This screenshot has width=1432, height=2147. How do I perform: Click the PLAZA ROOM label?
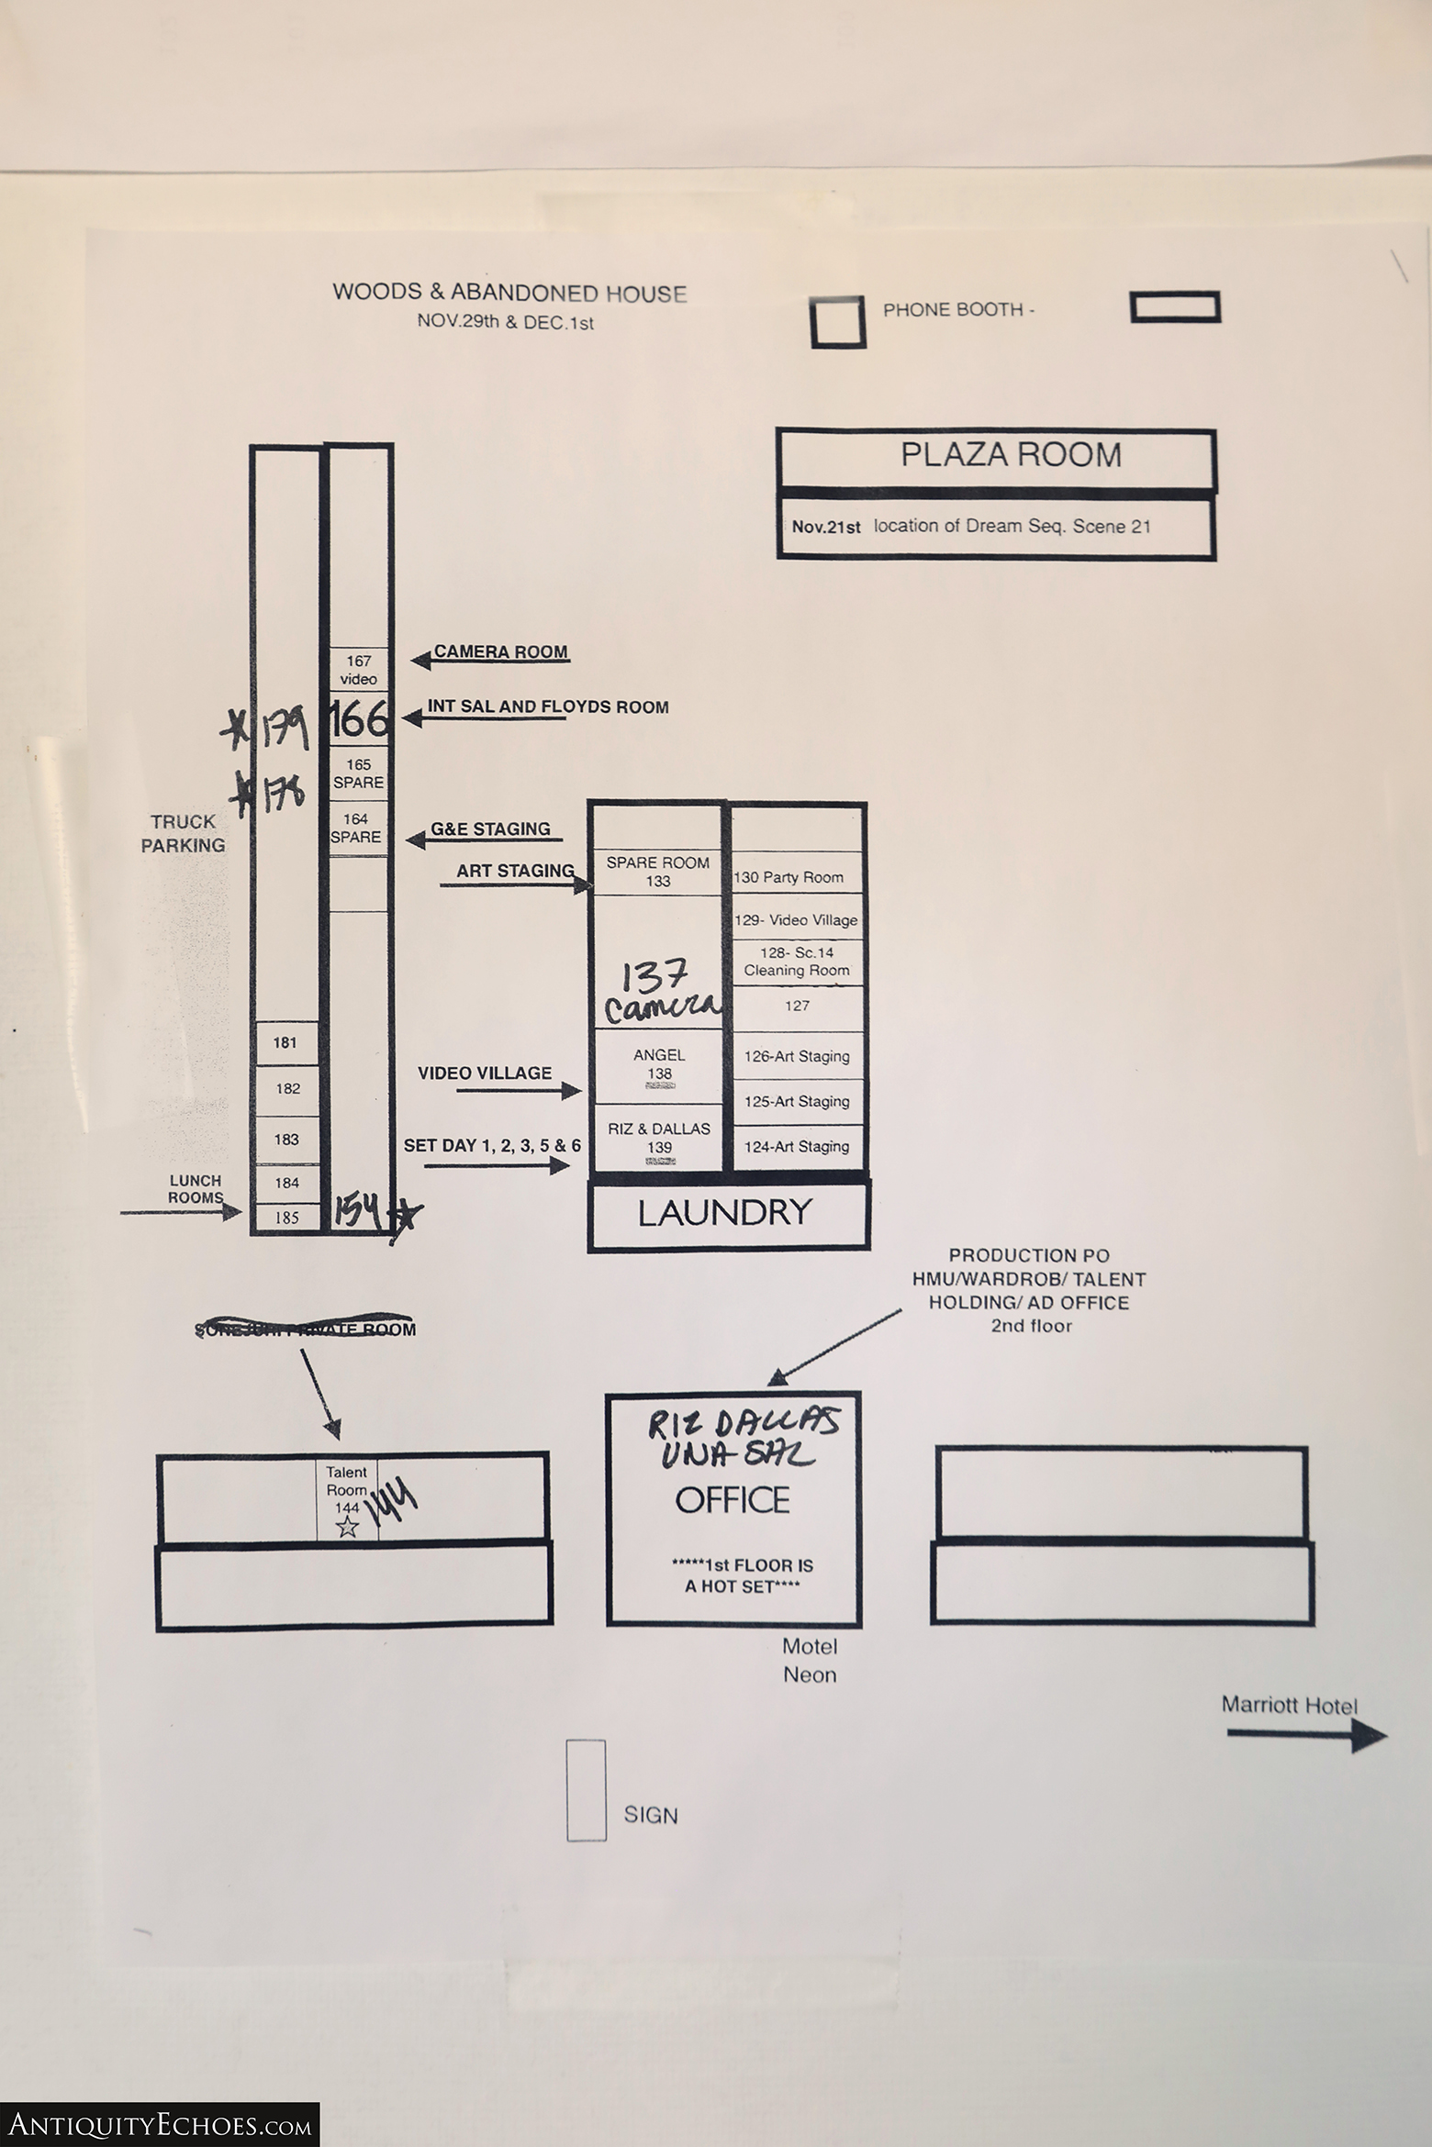[1010, 455]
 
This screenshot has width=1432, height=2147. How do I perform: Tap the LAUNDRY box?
[725, 1213]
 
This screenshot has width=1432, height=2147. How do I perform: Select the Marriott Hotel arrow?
[1306, 1735]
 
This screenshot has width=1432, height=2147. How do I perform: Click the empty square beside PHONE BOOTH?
[838, 322]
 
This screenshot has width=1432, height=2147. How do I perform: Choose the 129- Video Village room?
[796, 919]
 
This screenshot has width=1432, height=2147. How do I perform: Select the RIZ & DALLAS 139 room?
[659, 1138]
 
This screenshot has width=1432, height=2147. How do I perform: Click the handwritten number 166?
[358, 718]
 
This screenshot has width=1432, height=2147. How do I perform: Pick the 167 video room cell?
[359, 670]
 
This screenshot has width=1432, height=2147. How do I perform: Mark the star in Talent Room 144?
[347, 1527]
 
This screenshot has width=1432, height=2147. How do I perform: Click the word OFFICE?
[732, 1500]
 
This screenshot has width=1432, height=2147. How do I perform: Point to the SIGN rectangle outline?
[586, 1790]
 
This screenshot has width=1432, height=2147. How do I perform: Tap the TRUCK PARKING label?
[184, 833]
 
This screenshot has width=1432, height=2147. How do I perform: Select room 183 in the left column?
[286, 1139]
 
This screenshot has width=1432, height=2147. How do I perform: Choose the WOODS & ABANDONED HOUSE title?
[509, 294]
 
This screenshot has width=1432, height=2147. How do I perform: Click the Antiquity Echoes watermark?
[160, 2123]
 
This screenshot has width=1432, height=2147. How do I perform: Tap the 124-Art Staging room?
[796, 1146]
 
